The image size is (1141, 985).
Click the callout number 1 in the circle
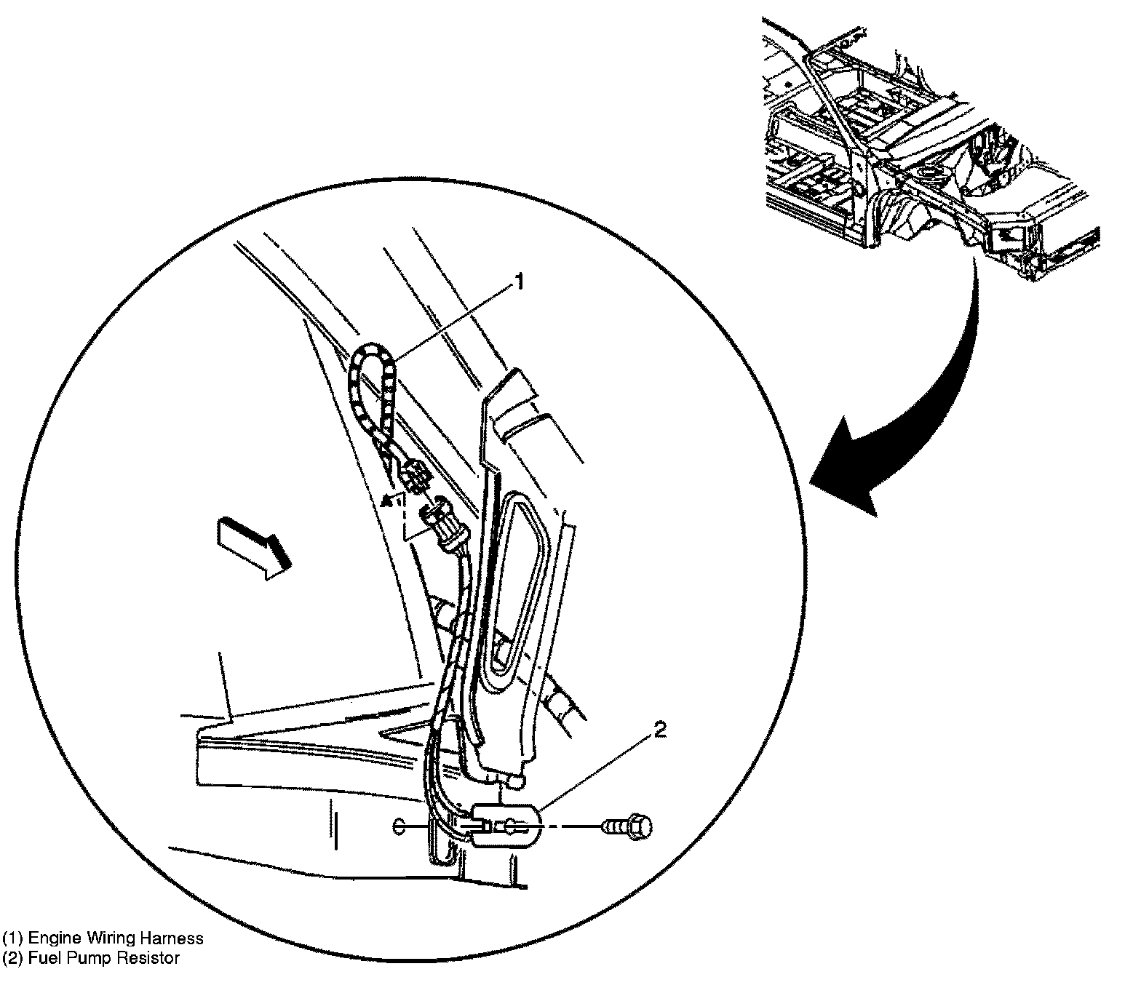click(x=519, y=282)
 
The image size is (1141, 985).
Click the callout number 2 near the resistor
click(x=659, y=730)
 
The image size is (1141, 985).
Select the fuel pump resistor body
click(x=507, y=825)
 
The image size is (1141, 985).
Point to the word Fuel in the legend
click(x=40, y=958)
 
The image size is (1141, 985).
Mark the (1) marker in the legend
click(x=12, y=938)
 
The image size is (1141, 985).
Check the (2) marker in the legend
click(x=12, y=958)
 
